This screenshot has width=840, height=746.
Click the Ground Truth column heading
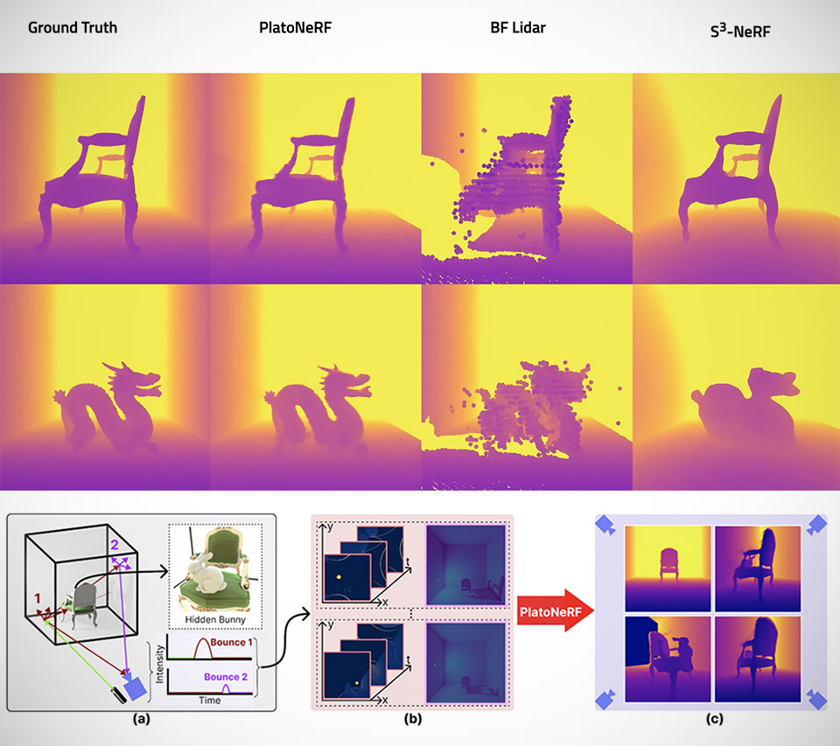[73, 27]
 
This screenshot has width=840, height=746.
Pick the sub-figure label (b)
[412, 722]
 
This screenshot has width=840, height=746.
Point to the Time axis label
[208, 701]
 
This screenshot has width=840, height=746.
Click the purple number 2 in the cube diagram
[114, 546]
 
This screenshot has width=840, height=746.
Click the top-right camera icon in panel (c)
[817, 525]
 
